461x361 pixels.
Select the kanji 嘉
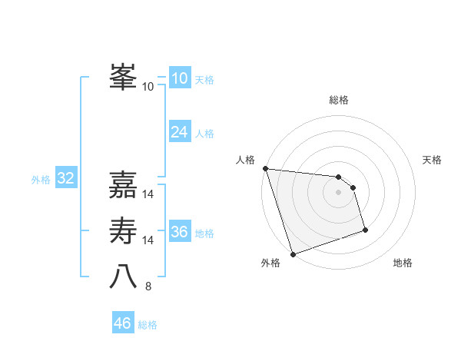tap(123, 185)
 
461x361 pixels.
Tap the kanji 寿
tap(123, 230)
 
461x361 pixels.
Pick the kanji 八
tap(123, 277)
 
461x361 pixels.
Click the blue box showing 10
tap(179, 78)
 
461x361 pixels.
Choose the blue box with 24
tap(179, 132)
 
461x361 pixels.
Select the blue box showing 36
tap(179, 232)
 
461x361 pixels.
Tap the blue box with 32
tap(65, 179)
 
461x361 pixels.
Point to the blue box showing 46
tap(122, 323)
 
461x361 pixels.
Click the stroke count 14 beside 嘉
tap(148, 194)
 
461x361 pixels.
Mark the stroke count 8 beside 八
tap(148, 286)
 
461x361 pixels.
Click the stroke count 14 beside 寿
tap(148, 240)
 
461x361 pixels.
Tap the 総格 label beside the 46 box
tap(148, 325)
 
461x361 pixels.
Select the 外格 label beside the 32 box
tap(41, 180)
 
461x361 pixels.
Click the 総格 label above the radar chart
tap(338, 100)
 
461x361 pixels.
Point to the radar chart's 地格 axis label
tap(403, 263)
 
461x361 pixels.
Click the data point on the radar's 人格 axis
tap(265, 168)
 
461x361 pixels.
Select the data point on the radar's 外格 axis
tap(293, 254)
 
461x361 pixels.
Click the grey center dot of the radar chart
tap(338, 192)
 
